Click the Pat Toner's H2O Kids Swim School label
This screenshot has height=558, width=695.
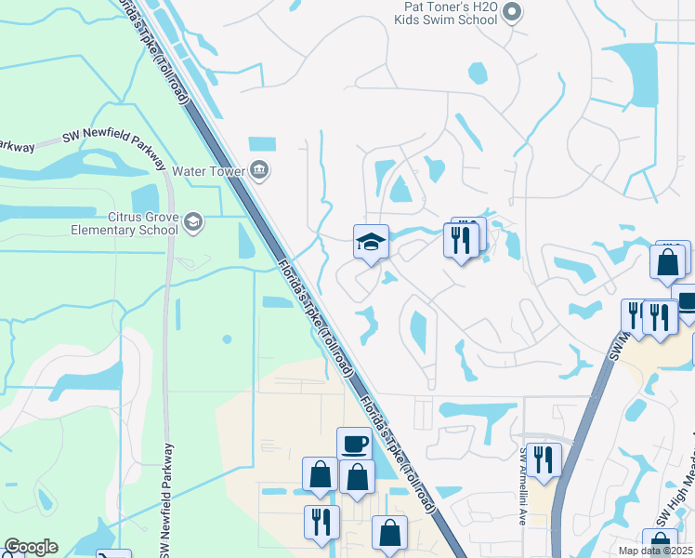445,13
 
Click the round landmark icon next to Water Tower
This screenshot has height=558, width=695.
259,170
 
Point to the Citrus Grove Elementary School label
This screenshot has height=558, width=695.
123,223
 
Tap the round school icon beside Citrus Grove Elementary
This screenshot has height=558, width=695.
192,222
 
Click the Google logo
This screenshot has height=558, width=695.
31,547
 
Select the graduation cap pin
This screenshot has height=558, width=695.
371,244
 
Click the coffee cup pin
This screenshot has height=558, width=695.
354,444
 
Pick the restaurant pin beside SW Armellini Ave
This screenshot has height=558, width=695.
544,459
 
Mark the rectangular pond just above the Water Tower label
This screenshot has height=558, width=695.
262,144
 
